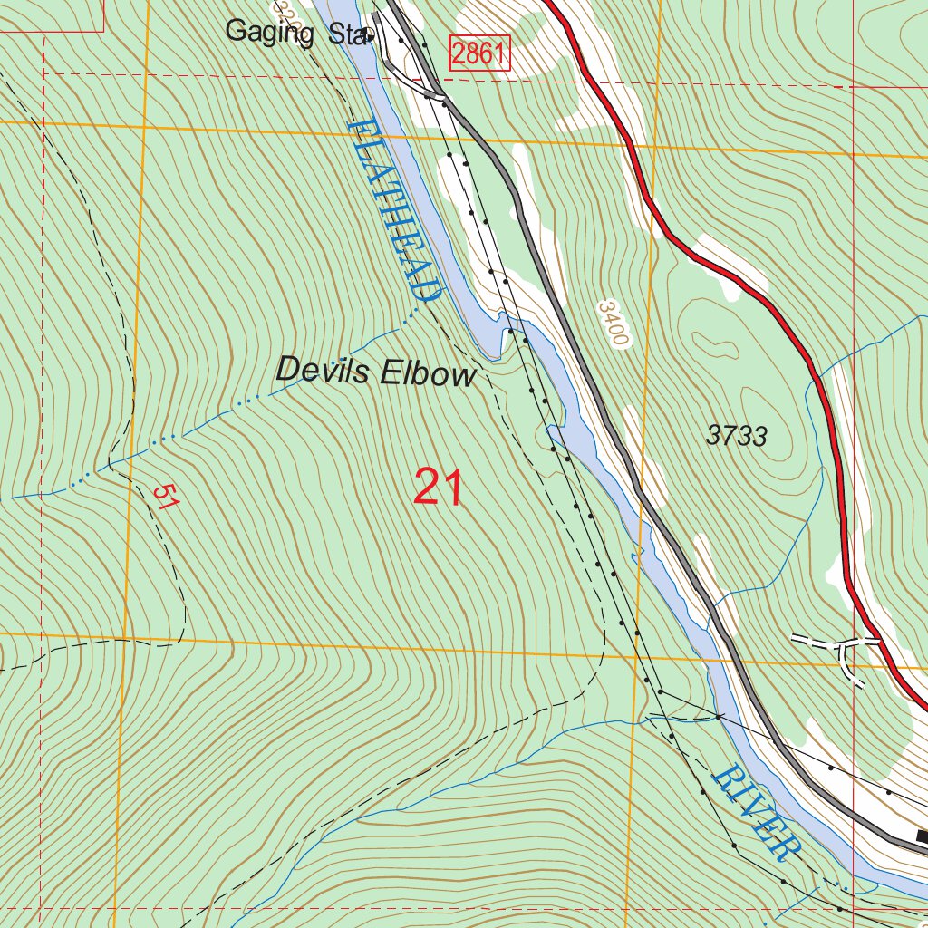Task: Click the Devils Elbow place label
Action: pos(375,372)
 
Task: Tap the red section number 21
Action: pos(439,488)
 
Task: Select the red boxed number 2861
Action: pos(479,54)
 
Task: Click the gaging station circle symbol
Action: pos(370,36)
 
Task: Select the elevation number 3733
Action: pos(736,437)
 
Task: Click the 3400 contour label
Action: pos(613,324)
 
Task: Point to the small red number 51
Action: pos(164,497)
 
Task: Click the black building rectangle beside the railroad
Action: pos(922,836)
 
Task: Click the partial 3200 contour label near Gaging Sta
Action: pos(287,11)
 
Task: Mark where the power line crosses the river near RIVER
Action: pos(718,717)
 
